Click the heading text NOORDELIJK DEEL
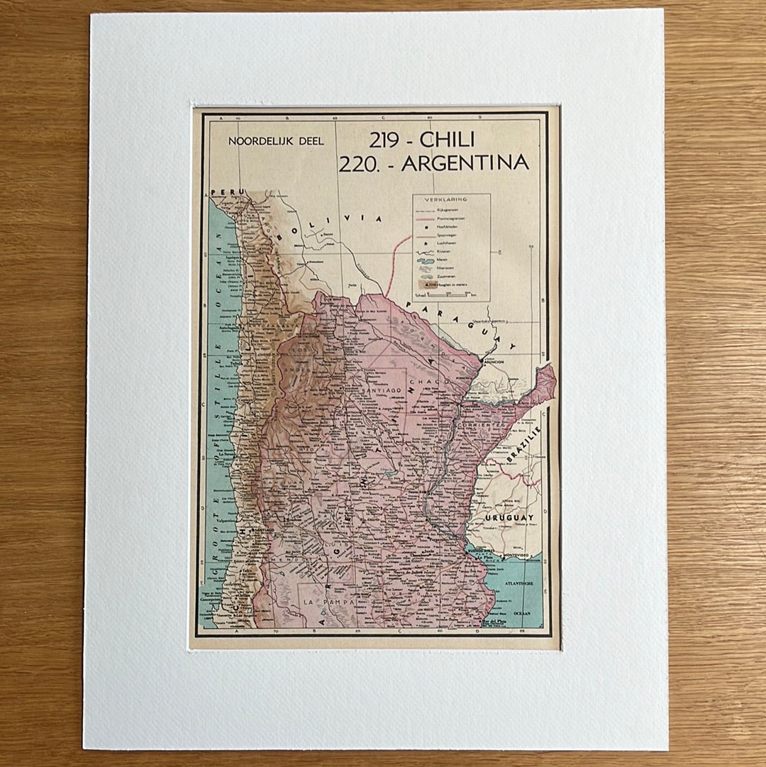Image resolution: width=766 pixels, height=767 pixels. click(276, 141)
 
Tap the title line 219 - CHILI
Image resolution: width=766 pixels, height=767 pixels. click(422, 140)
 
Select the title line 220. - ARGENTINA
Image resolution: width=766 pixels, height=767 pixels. click(433, 164)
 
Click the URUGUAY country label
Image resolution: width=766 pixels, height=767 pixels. click(509, 519)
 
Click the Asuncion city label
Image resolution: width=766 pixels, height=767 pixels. click(494, 362)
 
